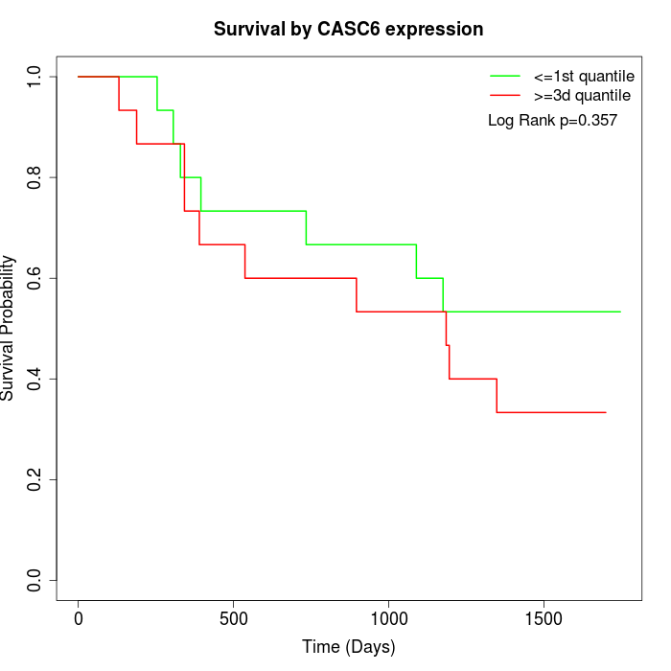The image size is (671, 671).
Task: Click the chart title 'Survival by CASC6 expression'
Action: pyautogui.click(x=348, y=29)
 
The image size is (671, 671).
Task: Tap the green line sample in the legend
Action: pyautogui.click(x=505, y=76)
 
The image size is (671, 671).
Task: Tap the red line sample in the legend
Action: pyautogui.click(x=505, y=96)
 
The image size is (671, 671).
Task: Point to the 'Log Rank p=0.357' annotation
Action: pyautogui.click(x=552, y=121)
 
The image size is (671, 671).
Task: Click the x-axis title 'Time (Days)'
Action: pyautogui.click(x=348, y=647)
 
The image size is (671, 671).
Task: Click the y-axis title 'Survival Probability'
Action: pyautogui.click(x=9, y=328)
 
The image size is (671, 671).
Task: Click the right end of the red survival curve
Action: pyautogui.click(x=606, y=412)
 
